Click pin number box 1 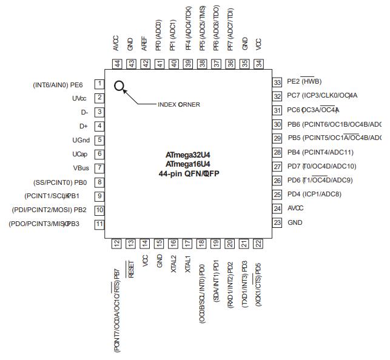point(99,84)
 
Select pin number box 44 point(116,63)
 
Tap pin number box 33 point(277,82)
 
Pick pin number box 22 point(258,243)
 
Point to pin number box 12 point(116,243)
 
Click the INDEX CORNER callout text point(178,104)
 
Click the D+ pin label point(84,126)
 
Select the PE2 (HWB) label point(304,82)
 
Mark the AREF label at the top point(144,43)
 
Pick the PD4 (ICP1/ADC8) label point(314,194)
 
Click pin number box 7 point(99,168)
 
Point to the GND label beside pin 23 point(295,222)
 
